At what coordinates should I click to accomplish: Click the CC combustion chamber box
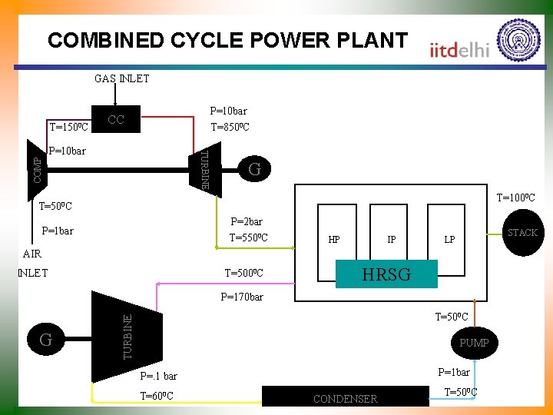point(116,119)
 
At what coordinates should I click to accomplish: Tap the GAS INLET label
point(122,78)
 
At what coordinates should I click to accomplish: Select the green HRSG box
point(387,274)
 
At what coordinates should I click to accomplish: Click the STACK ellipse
point(522,232)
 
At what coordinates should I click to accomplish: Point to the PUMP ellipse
point(474,343)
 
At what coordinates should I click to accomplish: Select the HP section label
point(334,240)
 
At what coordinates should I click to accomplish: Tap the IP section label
point(392,240)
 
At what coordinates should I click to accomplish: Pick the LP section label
point(450,240)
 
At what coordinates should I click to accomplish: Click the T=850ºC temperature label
point(230,128)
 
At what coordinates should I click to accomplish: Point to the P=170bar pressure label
point(241,297)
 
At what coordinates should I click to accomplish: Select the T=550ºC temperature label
point(249,237)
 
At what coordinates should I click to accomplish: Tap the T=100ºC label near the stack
point(516,198)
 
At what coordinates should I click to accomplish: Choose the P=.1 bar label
point(158,376)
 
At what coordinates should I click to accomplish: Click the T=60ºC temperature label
point(157,396)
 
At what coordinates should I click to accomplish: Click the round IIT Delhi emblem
point(519,40)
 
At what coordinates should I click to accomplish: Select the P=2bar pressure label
point(247,221)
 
